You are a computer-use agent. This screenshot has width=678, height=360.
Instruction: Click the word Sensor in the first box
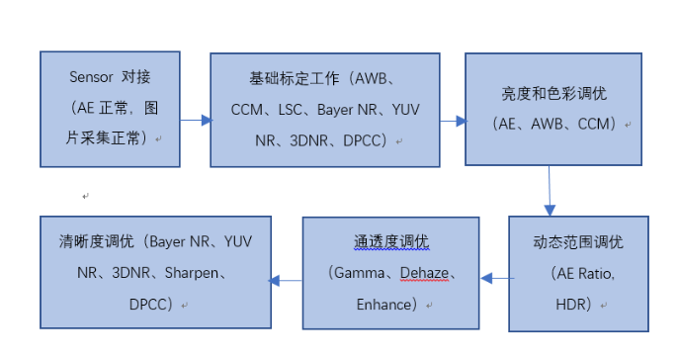[91, 77]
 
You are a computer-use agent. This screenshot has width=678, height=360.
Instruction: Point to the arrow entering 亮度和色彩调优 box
[454, 120]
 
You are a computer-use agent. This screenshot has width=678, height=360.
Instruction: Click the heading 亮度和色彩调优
[551, 93]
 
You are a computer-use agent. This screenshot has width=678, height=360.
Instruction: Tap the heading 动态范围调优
[577, 241]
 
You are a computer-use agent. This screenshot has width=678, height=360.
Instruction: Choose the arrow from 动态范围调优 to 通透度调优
[494, 279]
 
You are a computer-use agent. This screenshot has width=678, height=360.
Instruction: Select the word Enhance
[384, 304]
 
